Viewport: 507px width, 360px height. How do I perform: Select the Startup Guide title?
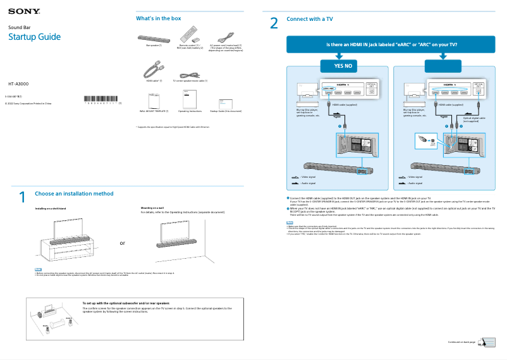click(34, 37)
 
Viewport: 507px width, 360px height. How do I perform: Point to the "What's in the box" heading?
click(159, 19)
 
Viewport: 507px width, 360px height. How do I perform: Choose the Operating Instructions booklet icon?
click(190, 100)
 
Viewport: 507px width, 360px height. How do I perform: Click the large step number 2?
click(274, 24)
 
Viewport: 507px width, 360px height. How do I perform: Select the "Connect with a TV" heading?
click(310, 19)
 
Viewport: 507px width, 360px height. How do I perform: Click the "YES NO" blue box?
click(338, 66)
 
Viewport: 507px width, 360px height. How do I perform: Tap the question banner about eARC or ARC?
click(391, 45)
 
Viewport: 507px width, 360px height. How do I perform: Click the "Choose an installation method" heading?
click(74, 194)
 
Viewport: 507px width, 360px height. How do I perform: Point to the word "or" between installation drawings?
click(123, 242)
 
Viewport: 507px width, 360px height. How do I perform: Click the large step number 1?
click(22, 197)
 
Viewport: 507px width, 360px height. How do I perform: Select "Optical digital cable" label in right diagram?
click(474, 118)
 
